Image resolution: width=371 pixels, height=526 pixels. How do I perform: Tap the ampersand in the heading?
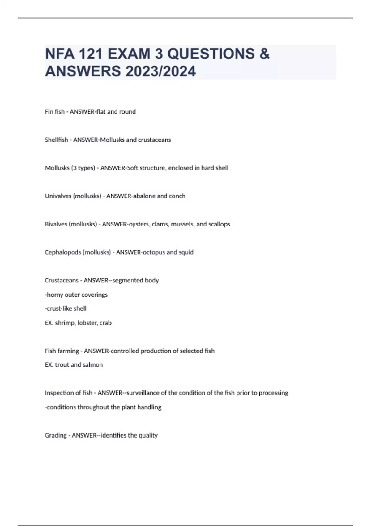[264, 54]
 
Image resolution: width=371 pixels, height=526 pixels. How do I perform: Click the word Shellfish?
[56, 140]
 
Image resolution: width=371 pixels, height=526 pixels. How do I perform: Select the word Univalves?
[58, 196]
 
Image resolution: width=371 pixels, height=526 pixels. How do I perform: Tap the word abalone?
[144, 196]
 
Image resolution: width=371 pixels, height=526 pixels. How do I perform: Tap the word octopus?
[153, 252]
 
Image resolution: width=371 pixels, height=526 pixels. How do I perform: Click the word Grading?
[56, 435]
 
